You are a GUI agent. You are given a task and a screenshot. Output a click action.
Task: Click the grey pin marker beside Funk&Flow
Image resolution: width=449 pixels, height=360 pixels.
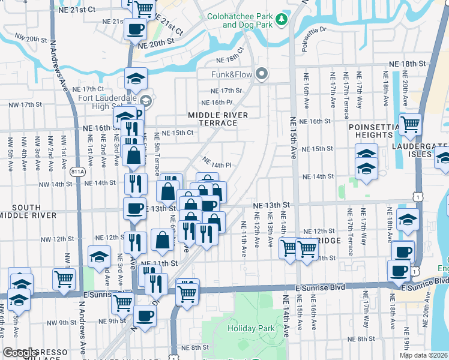(x=261, y=74)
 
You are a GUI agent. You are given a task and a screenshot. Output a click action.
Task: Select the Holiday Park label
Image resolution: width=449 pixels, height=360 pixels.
(x=251, y=328)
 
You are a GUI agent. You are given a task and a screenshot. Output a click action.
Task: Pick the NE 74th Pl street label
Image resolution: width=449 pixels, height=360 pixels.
(x=217, y=163)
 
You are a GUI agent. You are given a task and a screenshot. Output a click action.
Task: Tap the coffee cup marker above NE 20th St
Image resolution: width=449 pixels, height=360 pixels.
(x=135, y=29)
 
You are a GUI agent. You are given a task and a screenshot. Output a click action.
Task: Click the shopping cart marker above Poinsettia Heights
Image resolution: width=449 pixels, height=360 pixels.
(x=411, y=125)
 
